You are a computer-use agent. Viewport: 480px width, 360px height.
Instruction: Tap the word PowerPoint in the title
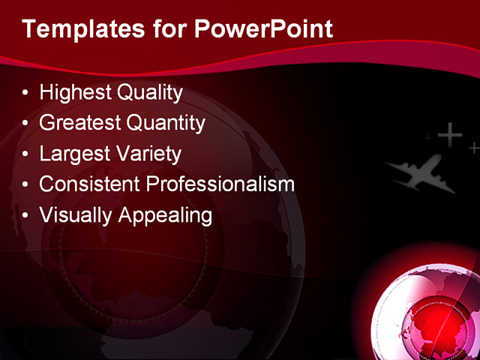(x=263, y=29)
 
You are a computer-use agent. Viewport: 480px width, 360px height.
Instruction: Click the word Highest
(x=74, y=93)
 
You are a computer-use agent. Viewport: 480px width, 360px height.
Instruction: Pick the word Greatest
(x=78, y=123)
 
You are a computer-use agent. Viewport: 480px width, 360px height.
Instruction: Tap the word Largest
(x=71, y=154)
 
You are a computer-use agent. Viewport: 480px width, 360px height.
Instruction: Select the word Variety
(x=145, y=154)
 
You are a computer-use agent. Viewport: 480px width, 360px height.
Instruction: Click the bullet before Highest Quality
(x=26, y=94)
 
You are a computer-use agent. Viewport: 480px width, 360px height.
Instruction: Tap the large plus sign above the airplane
(x=449, y=135)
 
